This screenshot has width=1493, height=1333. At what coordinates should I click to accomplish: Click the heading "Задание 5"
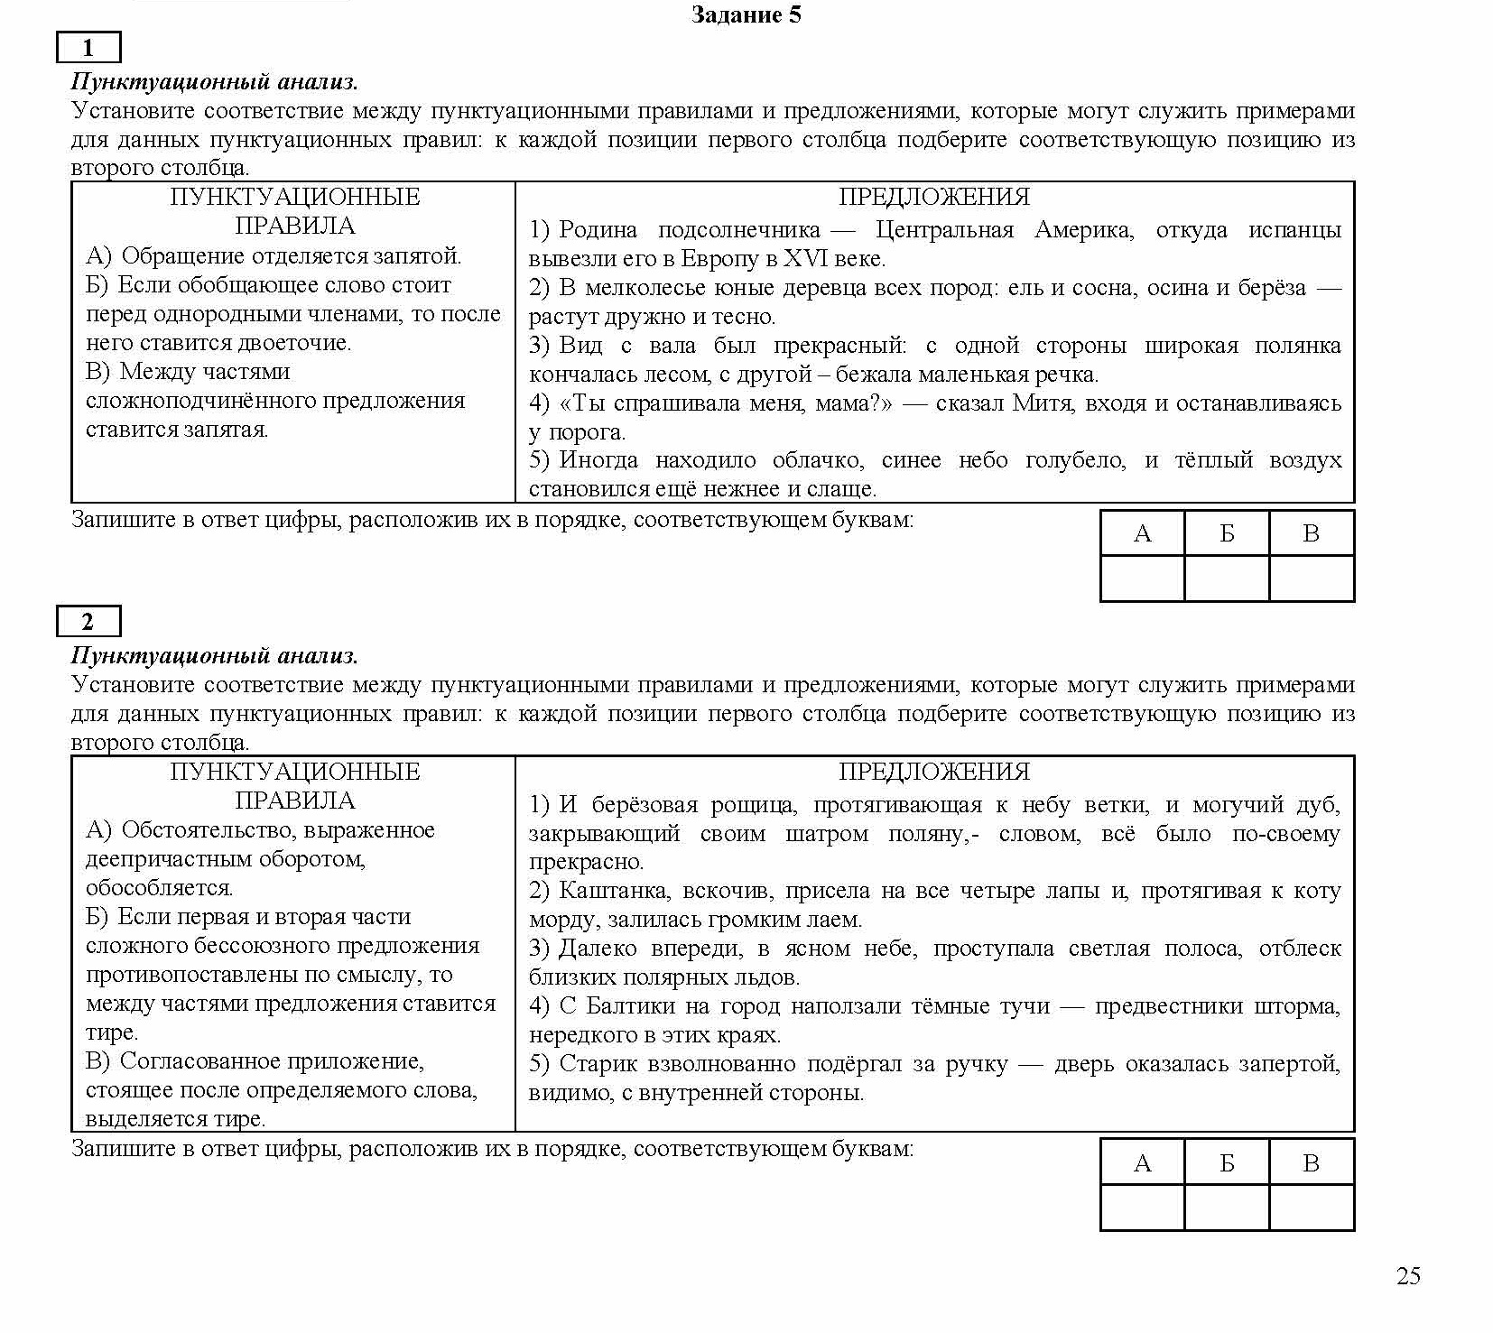(x=746, y=14)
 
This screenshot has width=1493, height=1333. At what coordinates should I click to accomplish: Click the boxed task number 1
(x=88, y=48)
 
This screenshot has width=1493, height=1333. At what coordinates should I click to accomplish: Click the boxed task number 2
(x=88, y=622)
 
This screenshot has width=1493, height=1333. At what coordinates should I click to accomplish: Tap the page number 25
(x=1407, y=1275)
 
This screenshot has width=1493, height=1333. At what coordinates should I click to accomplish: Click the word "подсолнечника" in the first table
(x=738, y=230)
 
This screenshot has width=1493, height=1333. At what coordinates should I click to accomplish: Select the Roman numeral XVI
(x=805, y=259)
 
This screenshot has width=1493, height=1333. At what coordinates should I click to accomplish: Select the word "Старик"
(x=595, y=1064)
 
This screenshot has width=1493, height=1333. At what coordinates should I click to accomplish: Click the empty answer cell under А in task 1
(x=1142, y=579)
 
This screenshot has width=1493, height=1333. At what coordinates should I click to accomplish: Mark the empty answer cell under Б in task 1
(x=1226, y=579)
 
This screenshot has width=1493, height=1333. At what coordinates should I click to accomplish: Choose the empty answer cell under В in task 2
(x=1311, y=1208)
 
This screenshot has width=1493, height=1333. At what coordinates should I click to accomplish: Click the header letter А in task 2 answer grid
(x=1142, y=1163)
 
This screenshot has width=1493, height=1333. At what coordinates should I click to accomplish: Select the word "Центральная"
(x=944, y=230)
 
